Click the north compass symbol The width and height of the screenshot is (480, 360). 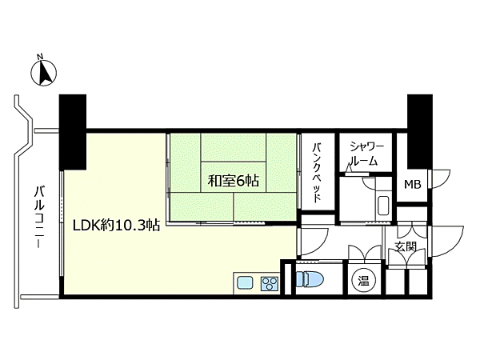tap(43, 74)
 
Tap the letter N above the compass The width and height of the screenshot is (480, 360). tap(39, 56)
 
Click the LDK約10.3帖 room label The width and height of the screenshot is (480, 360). tap(116, 226)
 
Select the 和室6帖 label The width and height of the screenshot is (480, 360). tap(234, 181)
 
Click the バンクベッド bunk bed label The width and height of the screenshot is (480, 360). tap(317, 172)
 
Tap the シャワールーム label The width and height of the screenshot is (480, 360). tap(366, 154)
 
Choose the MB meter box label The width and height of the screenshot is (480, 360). tap(413, 184)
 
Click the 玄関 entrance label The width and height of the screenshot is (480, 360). tap(406, 246)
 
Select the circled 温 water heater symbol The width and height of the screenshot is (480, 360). tap(364, 281)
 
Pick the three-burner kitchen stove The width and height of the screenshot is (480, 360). tap(270, 283)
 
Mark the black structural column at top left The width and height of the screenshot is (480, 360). tap(73, 131)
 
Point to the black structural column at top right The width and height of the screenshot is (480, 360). tap(419, 131)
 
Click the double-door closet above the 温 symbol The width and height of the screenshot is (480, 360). tap(364, 253)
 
